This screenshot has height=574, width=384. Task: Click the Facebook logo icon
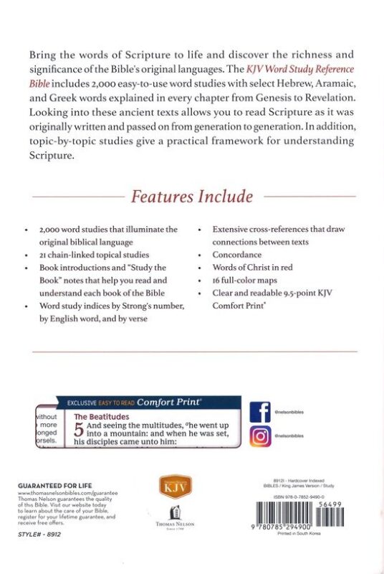(x=259, y=413)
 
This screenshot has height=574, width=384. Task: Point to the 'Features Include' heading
(x=191, y=196)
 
